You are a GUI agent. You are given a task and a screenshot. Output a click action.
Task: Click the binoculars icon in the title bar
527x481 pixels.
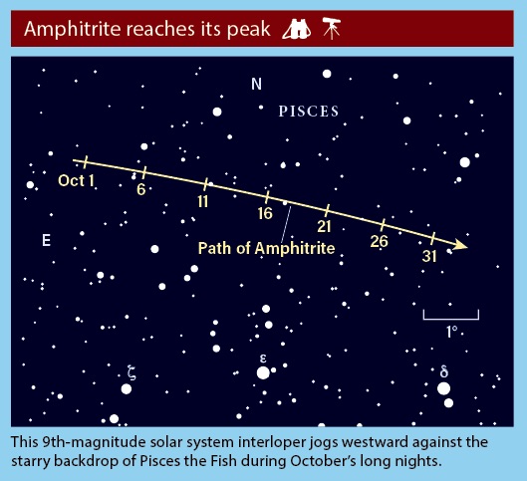(x=297, y=29)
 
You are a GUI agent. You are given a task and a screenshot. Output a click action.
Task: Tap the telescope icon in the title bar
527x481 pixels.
(x=332, y=28)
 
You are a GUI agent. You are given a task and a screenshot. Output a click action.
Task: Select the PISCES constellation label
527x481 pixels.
(x=309, y=112)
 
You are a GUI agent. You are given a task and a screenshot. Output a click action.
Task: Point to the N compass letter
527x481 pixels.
(x=256, y=84)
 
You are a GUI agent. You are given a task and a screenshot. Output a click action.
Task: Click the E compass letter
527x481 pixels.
(x=47, y=241)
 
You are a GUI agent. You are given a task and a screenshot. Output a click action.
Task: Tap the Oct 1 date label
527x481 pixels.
(x=76, y=180)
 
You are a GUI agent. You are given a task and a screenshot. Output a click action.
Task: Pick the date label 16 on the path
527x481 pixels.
(x=265, y=213)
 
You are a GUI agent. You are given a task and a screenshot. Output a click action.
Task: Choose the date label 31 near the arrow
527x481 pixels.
(x=429, y=256)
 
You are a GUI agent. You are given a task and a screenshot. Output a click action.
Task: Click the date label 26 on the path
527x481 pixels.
(x=380, y=241)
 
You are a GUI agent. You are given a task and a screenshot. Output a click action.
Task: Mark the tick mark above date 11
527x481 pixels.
(x=205, y=185)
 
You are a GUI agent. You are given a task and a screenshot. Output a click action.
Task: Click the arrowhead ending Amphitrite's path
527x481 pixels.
(x=460, y=245)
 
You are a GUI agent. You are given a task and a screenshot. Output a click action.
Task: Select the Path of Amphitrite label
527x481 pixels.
(x=266, y=249)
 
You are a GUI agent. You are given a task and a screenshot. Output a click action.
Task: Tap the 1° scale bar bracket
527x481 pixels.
(x=450, y=319)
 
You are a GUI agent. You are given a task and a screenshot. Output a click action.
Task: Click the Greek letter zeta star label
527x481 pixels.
(x=132, y=372)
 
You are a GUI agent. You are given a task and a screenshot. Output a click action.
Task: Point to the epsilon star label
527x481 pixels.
(x=263, y=359)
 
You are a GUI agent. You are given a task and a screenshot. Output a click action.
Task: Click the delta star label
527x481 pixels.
(x=444, y=371)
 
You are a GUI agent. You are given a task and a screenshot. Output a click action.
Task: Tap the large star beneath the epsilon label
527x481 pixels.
(x=263, y=372)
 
